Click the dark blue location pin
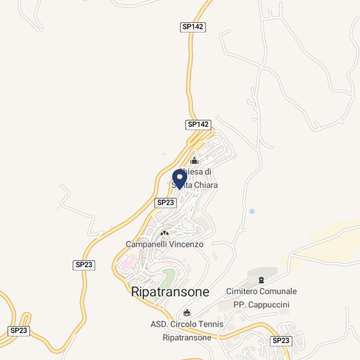click(179, 178)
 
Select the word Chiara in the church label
click(204, 185)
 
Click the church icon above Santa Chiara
click(194, 160)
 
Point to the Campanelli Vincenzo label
click(165, 243)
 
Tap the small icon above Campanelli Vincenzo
click(164, 232)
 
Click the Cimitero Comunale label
click(261, 291)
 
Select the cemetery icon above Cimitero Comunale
click(261, 280)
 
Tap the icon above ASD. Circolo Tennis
click(189, 312)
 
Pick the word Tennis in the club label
click(208, 324)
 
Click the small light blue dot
click(252, 211)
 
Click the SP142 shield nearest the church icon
click(198, 124)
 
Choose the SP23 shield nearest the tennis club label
click(281, 340)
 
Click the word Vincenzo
click(185, 243)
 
